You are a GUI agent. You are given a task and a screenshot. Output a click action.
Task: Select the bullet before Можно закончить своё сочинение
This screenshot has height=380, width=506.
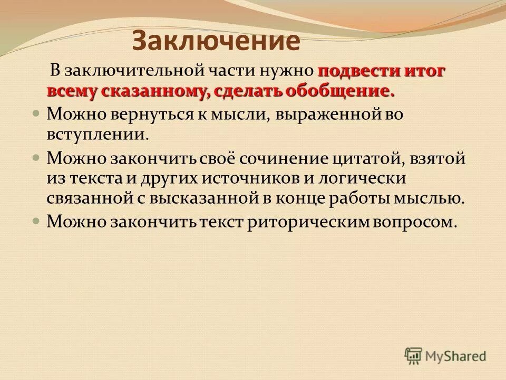tap(36, 158)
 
